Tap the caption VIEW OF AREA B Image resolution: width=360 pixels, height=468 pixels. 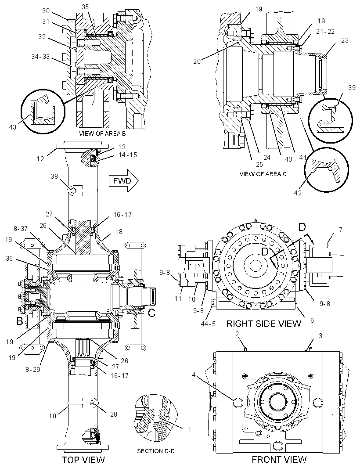click(x=102, y=133)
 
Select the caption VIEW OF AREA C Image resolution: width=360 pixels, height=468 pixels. click(x=263, y=174)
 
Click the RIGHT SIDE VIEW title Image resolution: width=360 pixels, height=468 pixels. click(x=263, y=323)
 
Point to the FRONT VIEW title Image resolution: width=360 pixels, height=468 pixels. click(x=279, y=459)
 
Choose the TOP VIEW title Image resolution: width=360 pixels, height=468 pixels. click(x=83, y=460)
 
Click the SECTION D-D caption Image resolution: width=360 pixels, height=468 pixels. click(x=155, y=451)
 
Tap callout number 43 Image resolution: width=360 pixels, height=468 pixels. click(x=13, y=127)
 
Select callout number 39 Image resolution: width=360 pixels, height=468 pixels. click(x=352, y=87)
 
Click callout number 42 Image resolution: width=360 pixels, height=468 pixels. click(x=298, y=193)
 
